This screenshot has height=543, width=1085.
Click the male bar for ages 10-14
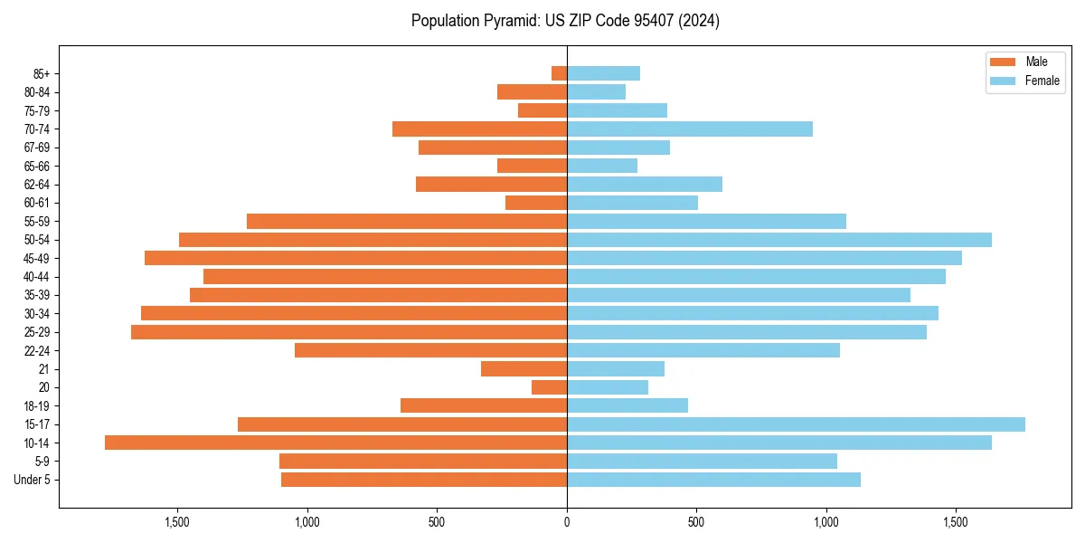point(335,443)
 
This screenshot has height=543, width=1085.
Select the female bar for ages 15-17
point(796,424)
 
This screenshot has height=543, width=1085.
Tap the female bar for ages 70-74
point(690,129)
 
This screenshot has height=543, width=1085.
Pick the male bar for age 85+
point(560,73)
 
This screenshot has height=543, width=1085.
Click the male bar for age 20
point(550,387)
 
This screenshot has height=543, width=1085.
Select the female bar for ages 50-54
point(779,240)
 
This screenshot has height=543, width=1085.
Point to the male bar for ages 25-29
point(349,332)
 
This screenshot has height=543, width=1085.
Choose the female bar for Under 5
point(713,480)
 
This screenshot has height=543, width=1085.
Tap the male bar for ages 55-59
point(407,221)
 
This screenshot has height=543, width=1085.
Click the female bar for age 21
point(616,369)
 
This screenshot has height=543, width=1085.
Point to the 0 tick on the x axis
point(567,522)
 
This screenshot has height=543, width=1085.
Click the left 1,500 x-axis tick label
point(177,522)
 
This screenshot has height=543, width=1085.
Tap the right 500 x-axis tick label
point(696,522)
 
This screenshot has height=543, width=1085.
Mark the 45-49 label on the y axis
point(37,258)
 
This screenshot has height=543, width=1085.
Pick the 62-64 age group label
point(37,185)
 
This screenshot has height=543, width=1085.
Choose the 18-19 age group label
point(37,406)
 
